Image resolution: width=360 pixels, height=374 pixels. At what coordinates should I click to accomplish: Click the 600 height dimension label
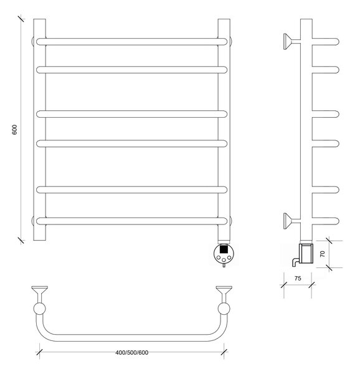pos(14,130)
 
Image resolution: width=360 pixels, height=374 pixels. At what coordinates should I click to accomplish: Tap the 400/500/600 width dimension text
pos(132,353)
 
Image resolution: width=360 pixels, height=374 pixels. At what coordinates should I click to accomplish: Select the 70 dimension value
pos(323,254)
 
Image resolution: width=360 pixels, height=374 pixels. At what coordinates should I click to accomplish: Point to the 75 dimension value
pos(298,279)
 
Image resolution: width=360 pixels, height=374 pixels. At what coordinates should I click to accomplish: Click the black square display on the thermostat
pos(224,249)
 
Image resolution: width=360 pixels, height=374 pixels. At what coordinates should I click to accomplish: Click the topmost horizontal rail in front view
pos(132,42)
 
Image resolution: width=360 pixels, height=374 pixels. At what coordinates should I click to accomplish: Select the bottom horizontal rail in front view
pos(132,221)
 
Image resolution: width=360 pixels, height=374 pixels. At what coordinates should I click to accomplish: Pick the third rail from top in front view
pos(132,114)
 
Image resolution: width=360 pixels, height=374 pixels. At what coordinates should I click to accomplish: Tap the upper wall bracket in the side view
pos(292,42)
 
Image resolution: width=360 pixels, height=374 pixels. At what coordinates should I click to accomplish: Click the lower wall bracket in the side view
pos(292,221)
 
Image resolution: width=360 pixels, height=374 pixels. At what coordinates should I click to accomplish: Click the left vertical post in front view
pos(39,130)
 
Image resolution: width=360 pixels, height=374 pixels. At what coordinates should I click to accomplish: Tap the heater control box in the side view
pos(306,253)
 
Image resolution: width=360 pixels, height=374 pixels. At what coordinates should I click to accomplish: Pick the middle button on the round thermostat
pos(224,260)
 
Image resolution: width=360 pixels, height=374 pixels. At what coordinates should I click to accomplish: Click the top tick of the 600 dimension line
pos(21,19)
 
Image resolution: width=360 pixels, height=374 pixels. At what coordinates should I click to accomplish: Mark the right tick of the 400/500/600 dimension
pos(224,352)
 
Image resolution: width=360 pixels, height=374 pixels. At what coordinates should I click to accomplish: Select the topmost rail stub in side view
pos(326,42)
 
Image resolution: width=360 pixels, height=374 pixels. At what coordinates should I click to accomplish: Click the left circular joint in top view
pos(39,309)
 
